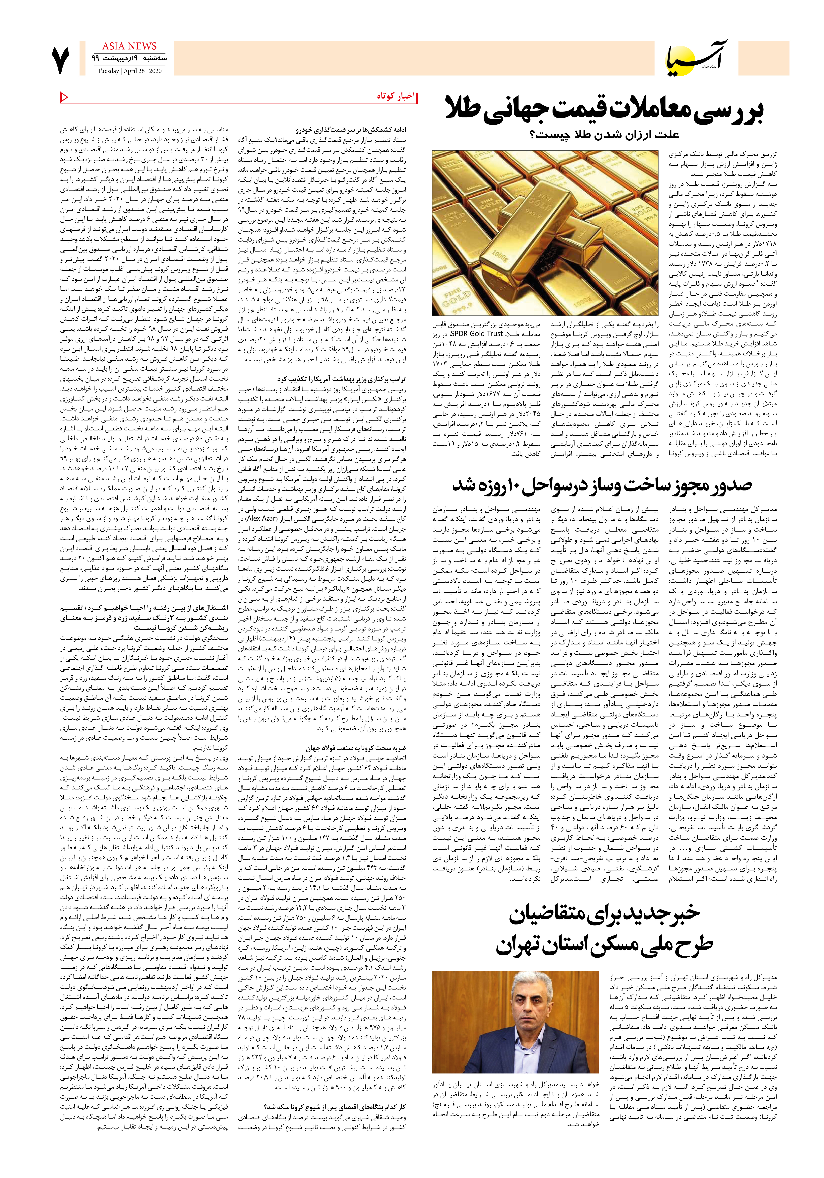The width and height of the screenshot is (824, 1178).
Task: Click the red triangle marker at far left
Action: point(64,97)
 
